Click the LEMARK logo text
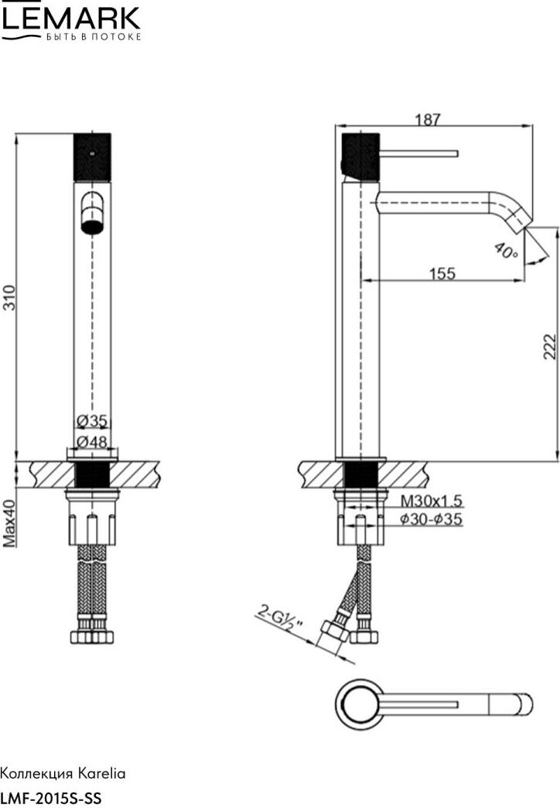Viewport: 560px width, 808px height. [x=70, y=19]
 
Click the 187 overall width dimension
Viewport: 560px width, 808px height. [x=428, y=119]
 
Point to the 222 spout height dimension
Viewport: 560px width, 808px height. [x=550, y=347]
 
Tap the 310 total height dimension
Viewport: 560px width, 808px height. [x=10, y=297]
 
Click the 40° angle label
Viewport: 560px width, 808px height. [x=505, y=251]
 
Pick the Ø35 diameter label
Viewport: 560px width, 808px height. [x=92, y=421]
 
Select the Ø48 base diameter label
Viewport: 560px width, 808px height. [x=92, y=442]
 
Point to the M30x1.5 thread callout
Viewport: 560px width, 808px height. [x=431, y=501]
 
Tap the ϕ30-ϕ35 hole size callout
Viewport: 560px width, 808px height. [x=431, y=519]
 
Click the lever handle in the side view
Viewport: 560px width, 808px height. [x=419, y=153]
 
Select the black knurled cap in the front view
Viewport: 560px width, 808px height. [x=92, y=157]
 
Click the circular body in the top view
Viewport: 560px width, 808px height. [x=359, y=704]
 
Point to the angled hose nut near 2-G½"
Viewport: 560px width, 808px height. [x=334, y=632]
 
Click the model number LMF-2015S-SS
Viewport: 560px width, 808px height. [x=51, y=798]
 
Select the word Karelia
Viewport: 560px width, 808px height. [x=101, y=773]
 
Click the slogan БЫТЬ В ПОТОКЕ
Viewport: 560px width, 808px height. [x=94, y=37]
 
